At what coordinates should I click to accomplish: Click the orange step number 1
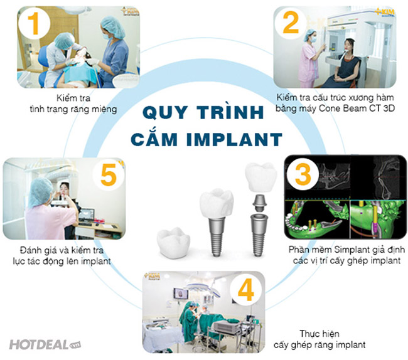pos(33,24)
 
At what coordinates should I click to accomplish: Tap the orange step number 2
pos(291,23)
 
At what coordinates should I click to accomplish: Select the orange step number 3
pos(303,174)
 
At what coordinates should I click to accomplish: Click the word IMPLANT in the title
pos(235,140)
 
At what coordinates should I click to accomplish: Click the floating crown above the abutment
pos(260,177)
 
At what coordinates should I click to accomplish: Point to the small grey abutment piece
pos(259,203)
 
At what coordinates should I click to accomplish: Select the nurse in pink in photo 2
pos(310,59)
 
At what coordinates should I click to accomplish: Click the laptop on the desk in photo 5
pos(87,216)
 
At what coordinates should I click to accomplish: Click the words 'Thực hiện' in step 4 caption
pos(319,334)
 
